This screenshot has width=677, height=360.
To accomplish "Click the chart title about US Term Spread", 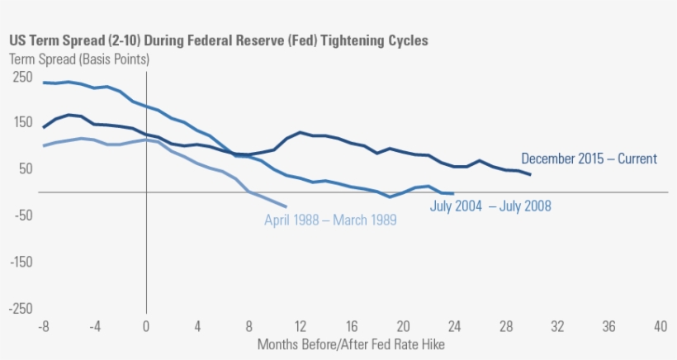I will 219,40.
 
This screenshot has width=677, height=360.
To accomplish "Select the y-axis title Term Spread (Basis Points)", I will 79,59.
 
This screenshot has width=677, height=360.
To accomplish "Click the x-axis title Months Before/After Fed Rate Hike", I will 357,343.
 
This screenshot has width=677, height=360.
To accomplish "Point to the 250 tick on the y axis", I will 22,77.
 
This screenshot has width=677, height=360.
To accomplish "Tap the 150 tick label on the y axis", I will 22,123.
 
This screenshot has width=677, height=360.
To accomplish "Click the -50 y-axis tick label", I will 22,216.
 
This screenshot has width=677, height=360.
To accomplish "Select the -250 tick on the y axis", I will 21,308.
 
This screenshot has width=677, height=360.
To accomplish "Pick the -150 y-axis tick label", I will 21,262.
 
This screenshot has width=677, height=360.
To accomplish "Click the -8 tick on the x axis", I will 44,326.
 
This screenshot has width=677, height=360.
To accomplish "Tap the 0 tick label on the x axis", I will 146,326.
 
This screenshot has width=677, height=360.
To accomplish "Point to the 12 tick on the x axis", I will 301,326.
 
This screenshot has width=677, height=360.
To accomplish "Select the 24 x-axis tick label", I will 454,326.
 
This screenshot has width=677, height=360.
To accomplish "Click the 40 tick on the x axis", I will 660,326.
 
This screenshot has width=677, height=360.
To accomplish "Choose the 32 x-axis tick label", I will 557,326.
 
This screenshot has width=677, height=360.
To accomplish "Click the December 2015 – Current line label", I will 589,159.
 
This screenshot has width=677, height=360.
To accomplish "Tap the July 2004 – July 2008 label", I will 490,206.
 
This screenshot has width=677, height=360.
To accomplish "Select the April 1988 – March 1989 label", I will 330,220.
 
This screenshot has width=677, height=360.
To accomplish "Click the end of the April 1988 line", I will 286,206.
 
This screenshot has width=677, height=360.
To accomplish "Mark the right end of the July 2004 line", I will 454,193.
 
